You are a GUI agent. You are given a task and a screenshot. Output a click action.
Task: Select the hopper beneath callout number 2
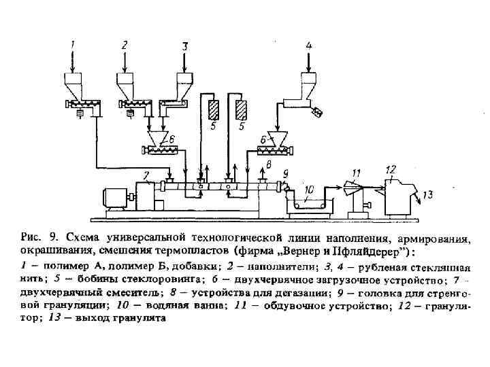pyautogui.click(x=127, y=85)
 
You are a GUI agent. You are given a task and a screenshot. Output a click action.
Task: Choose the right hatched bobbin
pyautogui.click(x=241, y=111)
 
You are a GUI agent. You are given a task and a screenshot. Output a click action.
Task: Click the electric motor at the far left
pyautogui.click(x=116, y=197)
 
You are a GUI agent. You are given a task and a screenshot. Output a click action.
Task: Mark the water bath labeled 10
pyautogui.click(x=310, y=203)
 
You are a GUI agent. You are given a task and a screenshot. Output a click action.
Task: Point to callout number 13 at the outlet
pyautogui.click(x=391, y=169)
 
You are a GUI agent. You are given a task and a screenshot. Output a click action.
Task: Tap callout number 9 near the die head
pyautogui.click(x=427, y=195)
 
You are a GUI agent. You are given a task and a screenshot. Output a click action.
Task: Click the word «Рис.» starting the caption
pyautogui.click(x=32, y=238)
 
